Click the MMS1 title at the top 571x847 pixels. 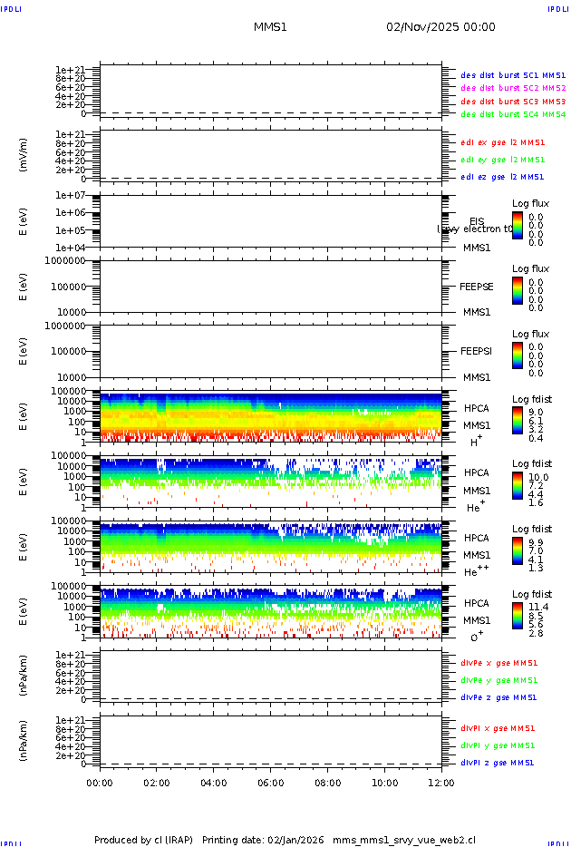click(270, 27)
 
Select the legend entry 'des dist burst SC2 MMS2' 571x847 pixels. click(513, 88)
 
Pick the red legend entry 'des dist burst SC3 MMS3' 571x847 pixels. click(513, 102)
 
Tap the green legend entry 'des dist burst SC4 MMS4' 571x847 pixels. click(513, 115)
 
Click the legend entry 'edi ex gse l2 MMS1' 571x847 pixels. click(502, 142)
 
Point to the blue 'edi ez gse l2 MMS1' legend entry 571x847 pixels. click(502, 177)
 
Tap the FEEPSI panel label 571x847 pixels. click(476, 351)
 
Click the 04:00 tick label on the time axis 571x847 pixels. click(213, 783)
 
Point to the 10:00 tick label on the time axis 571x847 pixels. click(385, 783)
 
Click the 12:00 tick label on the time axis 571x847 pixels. click(441, 783)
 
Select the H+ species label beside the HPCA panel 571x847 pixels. click(476, 441)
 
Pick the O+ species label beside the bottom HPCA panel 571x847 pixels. click(476, 637)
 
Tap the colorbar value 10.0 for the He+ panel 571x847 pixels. click(537, 476)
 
